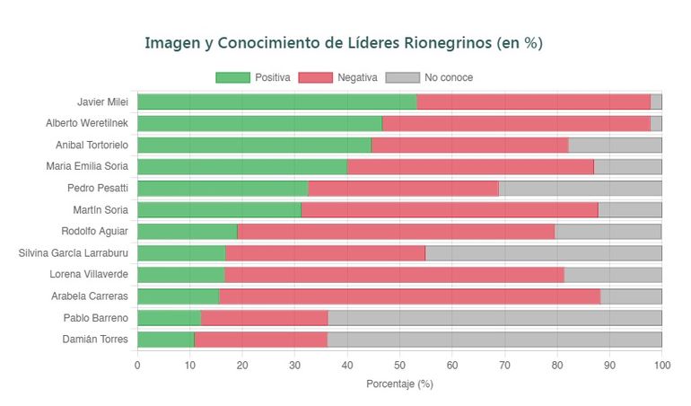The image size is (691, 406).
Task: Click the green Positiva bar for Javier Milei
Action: tap(276, 101)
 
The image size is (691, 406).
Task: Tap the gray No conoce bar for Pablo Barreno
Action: tap(494, 317)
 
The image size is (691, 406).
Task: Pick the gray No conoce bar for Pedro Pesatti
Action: tap(580, 188)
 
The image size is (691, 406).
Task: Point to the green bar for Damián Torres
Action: tap(165, 339)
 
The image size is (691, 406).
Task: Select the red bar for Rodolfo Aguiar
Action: tap(396, 231)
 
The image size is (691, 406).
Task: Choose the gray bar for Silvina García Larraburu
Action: tap(543, 252)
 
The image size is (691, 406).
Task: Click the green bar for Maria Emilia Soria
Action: tap(242, 166)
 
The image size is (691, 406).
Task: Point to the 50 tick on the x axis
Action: tap(399, 365)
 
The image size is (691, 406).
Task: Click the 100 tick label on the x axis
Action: tap(661, 365)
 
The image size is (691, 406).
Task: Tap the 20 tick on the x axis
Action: tap(242, 365)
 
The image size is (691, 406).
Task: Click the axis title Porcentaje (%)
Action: tap(399, 384)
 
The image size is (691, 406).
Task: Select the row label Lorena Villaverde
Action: tap(86, 274)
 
